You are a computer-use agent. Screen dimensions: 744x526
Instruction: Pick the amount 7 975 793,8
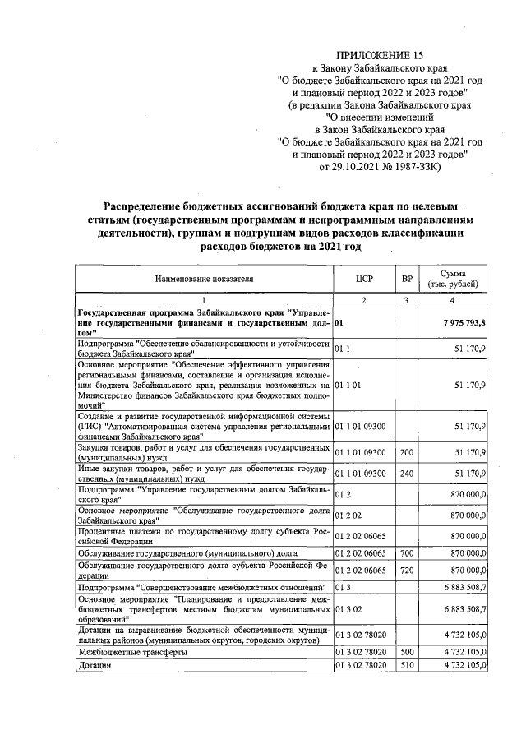pos(462,323)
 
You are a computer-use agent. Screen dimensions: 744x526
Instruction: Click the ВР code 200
pos(406,452)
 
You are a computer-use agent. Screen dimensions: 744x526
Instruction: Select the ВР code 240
pos(406,474)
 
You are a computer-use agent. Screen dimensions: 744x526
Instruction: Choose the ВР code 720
pos(406,570)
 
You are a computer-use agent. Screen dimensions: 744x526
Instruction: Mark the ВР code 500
pos(406,651)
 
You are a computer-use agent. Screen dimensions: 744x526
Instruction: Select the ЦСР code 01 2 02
pos(348,515)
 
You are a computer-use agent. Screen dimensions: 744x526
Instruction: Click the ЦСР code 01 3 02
pos(348,608)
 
